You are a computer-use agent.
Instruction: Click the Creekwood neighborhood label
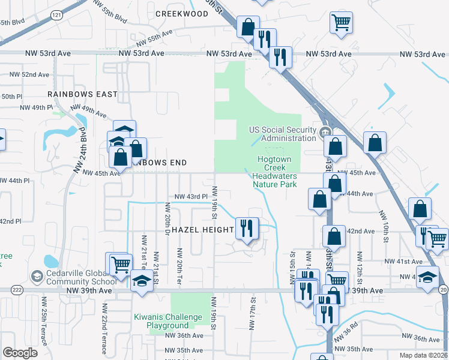(x=181, y=14)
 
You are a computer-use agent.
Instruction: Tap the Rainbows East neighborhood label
(x=83, y=94)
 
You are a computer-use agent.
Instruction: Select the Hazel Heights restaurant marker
(x=247, y=228)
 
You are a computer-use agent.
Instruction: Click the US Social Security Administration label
(x=283, y=134)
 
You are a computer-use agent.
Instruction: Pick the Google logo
(x=20, y=353)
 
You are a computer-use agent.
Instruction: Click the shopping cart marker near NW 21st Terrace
(x=119, y=263)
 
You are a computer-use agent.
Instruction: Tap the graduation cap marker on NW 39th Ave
(x=141, y=281)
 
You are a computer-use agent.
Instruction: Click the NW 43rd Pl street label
(x=191, y=196)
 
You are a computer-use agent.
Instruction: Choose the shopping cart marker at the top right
(x=340, y=23)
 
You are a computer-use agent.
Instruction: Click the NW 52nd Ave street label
(x=29, y=74)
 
